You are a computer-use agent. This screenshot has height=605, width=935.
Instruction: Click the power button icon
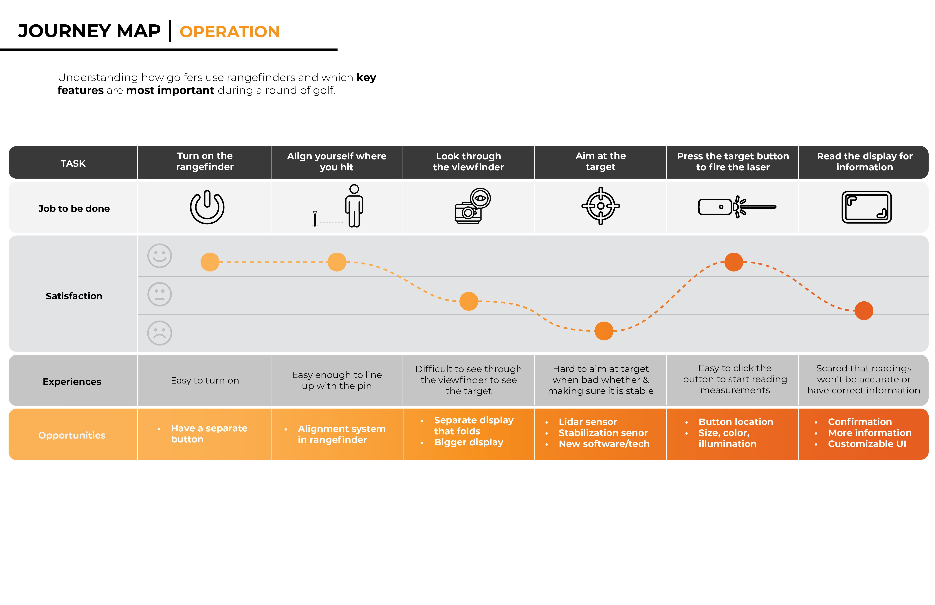pyautogui.click(x=207, y=207)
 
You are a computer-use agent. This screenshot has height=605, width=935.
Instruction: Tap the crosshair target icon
pyautogui.click(x=600, y=206)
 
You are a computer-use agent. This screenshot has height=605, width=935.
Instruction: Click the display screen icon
pyautogui.click(x=866, y=207)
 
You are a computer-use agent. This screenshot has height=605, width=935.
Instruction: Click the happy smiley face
pyautogui.click(x=159, y=256)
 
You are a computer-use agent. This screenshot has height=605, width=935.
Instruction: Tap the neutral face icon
pyautogui.click(x=159, y=294)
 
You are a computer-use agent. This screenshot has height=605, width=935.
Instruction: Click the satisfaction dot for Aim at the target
pyautogui.click(x=604, y=331)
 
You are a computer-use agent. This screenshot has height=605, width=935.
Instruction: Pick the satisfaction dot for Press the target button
pyautogui.click(x=734, y=262)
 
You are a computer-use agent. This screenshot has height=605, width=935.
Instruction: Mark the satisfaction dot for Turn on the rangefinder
pyautogui.click(x=210, y=262)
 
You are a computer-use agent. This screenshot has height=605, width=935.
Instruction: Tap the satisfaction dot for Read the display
pyautogui.click(x=863, y=311)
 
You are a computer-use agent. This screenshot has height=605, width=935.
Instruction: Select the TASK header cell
pyautogui.click(x=73, y=163)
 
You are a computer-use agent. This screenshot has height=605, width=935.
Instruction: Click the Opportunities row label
pyautogui.click(x=72, y=435)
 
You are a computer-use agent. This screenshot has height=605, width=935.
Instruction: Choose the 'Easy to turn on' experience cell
pyautogui.click(x=205, y=380)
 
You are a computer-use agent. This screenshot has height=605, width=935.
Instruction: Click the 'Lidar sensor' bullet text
pyautogui.click(x=588, y=421)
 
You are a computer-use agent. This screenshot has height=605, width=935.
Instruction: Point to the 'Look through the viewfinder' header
pyautogui.click(x=468, y=162)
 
